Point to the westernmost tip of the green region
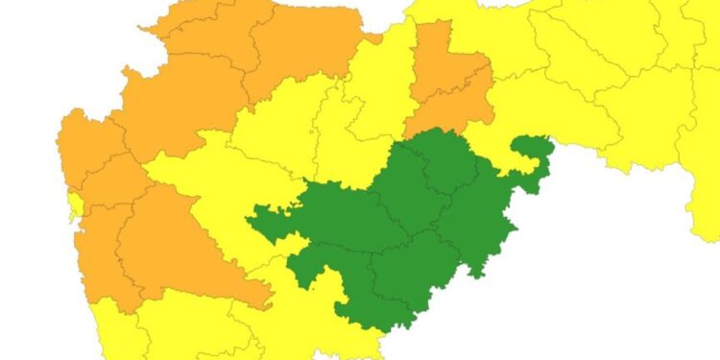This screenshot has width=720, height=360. (249, 220)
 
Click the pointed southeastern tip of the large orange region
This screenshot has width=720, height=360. (270, 305)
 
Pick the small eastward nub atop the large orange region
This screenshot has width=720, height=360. (370, 39)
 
